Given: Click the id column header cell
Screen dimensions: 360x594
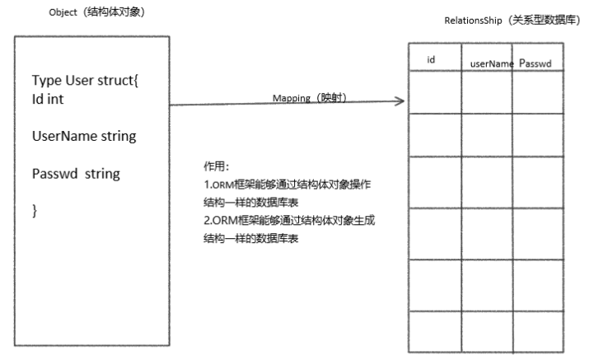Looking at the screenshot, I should [x=431, y=60].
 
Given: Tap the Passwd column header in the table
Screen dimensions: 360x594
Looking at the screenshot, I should [x=540, y=63].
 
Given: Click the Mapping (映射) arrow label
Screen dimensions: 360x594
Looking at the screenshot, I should [x=310, y=98].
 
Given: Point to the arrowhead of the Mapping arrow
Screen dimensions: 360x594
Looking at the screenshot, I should [x=400, y=102].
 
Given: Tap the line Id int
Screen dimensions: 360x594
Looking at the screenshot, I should [x=50, y=99].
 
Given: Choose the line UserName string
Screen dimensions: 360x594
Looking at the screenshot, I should [x=84, y=136].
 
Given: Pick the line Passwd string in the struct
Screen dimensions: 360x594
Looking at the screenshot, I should [x=77, y=174].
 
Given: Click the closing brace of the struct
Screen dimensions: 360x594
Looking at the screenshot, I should [x=35, y=212].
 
